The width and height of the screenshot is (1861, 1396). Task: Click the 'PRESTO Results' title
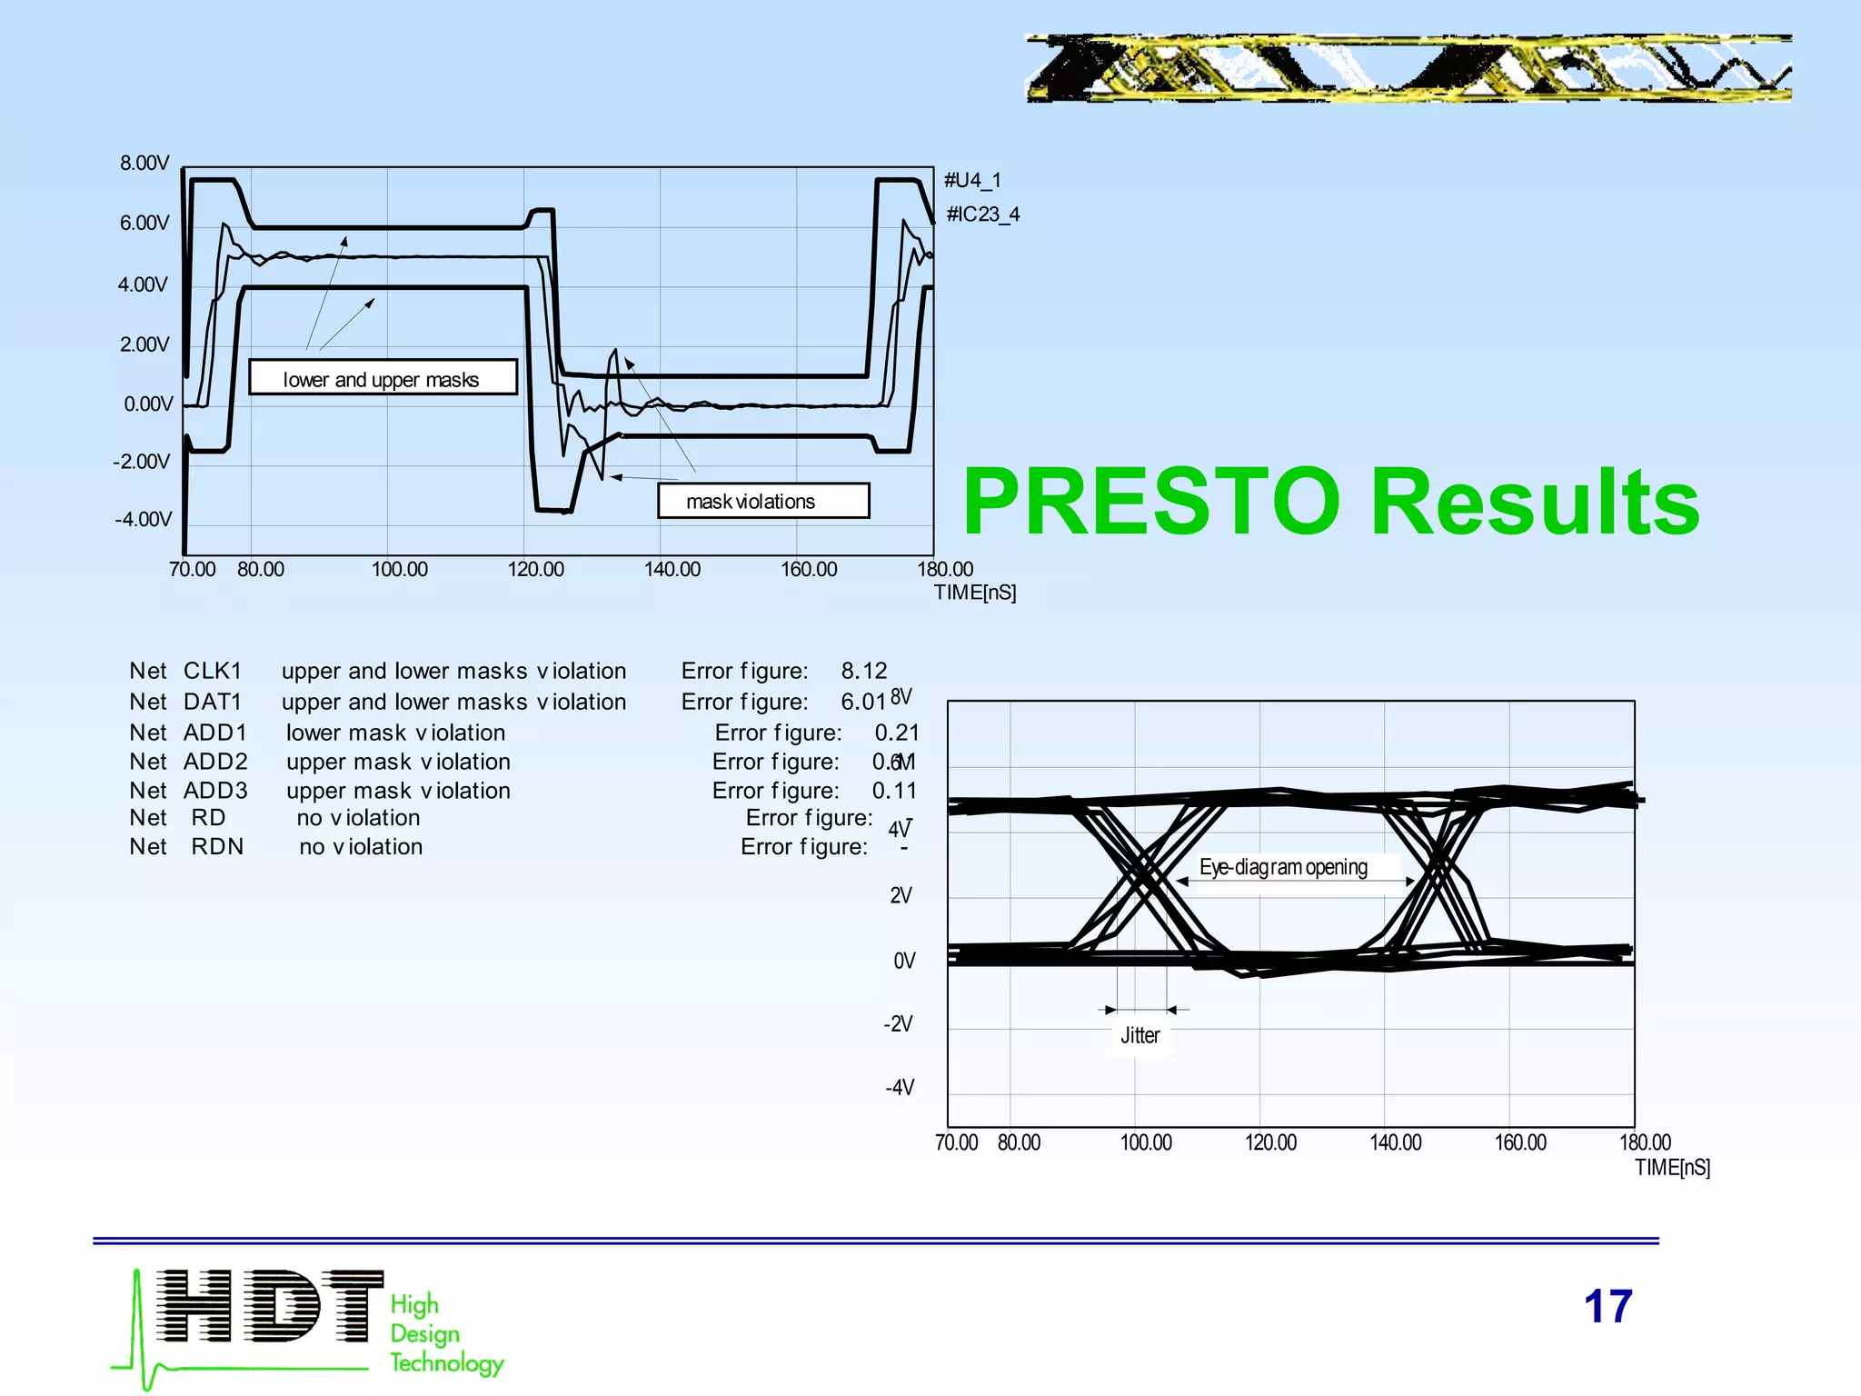pos(1330,502)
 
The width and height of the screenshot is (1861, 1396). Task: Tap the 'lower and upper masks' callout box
pos(382,378)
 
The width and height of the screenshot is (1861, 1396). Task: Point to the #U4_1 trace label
pos(972,180)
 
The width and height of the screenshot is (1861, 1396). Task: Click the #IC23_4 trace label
pos(983,214)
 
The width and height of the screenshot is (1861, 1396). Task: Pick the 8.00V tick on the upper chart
pos(144,164)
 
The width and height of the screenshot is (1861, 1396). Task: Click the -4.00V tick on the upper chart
pos(143,520)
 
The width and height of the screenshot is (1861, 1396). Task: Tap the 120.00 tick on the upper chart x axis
pos(535,570)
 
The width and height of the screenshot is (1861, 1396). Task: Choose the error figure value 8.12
pos(863,671)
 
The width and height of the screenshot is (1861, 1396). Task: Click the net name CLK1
pos(213,671)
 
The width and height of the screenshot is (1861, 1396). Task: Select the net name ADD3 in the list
pos(215,791)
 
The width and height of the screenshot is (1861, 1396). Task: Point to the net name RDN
pos(217,847)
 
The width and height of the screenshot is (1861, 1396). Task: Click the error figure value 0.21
pos(897,733)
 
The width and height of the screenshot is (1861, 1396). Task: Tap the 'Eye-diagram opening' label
pos(1282,867)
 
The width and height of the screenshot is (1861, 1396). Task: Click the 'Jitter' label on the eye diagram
pos(1139,1036)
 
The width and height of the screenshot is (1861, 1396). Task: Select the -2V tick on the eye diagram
pos(899,1024)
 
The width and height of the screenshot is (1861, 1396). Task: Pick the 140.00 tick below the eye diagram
pos(1395,1143)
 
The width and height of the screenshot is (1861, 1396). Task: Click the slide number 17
pos(1607,1307)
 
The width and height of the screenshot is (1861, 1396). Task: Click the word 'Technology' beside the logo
pos(446,1362)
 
